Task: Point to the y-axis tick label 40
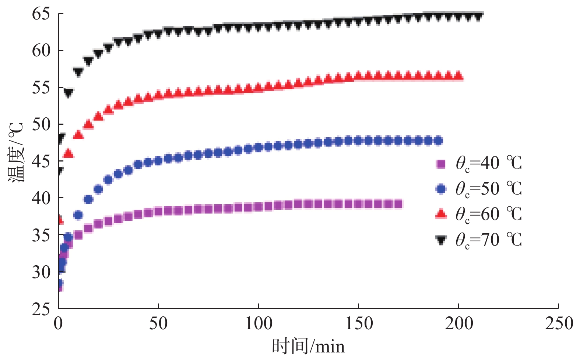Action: (41, 198)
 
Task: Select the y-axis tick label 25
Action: (41, 309)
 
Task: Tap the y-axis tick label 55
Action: (41, 88)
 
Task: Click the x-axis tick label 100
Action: (259, 324)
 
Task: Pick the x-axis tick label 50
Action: (158, 324)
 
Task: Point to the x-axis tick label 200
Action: (458, 324)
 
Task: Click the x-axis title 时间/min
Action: (308, 347)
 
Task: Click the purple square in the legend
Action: (440, 164)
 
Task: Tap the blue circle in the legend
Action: (440, 189)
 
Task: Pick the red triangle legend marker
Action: (440, 214)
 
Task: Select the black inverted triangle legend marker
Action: (440, 240)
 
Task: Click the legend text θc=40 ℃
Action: (488, 163)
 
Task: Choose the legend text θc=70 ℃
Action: (488, 240)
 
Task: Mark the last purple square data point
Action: (398, 204)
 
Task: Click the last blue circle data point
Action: (438, 141)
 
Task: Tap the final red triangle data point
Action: (458, 76)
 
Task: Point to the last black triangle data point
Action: (478, 17)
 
